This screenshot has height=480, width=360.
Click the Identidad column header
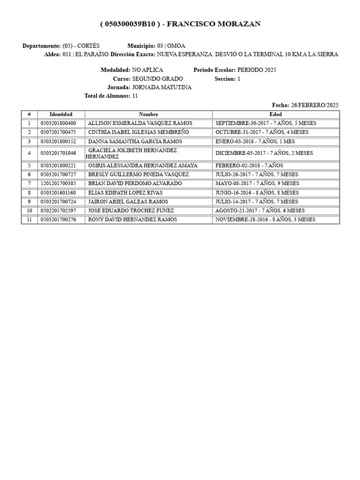click(x=61, y=114)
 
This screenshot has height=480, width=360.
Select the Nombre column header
click(x=149, y=114)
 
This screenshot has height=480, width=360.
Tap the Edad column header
click(x=276, y=114)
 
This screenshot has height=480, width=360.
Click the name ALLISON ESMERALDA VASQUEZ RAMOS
click(x=140, y=123)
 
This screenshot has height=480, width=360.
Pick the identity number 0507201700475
click(x=59, y=132)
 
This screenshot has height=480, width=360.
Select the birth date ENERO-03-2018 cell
click(x=255, y=141)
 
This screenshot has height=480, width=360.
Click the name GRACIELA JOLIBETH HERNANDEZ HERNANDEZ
click(x=132, y=153)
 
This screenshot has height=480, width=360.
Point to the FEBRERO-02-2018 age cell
click(x=249, y=165)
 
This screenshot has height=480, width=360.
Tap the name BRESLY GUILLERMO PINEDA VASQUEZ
click(x=138, y=174)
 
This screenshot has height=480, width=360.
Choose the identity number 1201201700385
click(x=59, y=183)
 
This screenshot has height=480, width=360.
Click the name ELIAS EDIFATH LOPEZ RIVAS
click(x=125, y=193)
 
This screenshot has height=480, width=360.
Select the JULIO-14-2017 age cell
click(x=256, y=202)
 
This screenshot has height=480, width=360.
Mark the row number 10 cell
click(x=29, y=210)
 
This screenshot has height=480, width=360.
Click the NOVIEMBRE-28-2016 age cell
click(x=265, y=219)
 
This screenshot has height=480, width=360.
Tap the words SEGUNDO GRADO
click(x=157, y=79)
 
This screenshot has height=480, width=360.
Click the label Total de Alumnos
click(x=107, y=96)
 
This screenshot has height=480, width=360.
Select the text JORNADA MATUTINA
click(x=162, y=87)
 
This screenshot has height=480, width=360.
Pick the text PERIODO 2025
click(x=257, y=70)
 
